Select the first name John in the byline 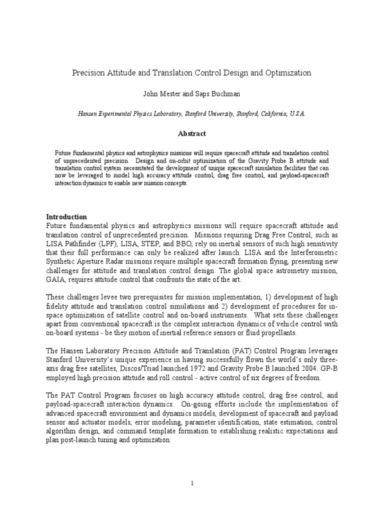(x=151, y=93)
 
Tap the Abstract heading (x=192, y=133)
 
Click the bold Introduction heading (x=66, y=217)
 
